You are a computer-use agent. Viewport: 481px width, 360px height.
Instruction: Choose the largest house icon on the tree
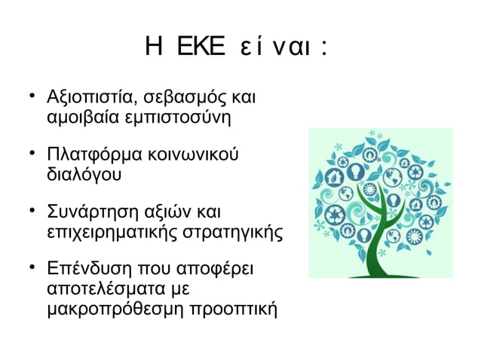coord(335,178)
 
